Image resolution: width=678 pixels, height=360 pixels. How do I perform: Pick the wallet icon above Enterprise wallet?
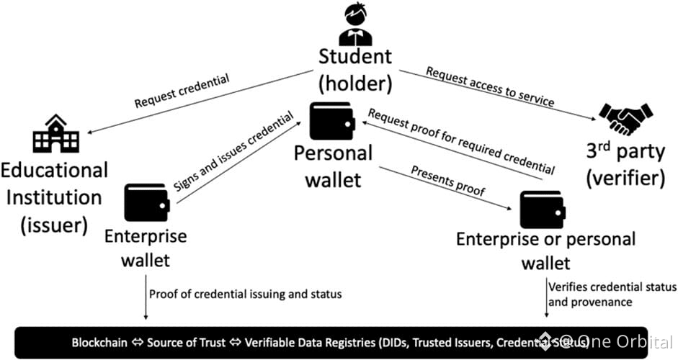point(146,203)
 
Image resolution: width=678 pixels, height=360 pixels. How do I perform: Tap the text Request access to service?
point(490,86)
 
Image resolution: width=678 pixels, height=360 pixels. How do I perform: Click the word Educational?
point(54,170)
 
